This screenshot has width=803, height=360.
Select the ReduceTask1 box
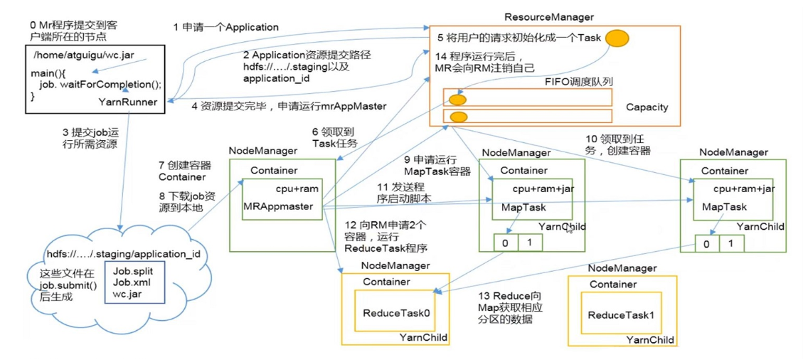pos(620,314)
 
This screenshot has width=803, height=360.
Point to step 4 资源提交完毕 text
pos(288,106)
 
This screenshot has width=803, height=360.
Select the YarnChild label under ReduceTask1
pos(649,340)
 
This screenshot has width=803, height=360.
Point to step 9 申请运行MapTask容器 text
pos(427,166)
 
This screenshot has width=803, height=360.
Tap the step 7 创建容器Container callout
pos(181,171)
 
